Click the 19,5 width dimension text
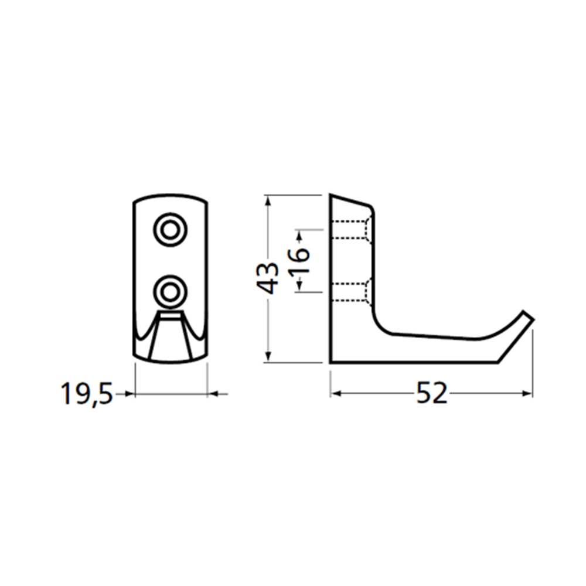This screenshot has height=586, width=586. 86,394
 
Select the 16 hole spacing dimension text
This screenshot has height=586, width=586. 299,261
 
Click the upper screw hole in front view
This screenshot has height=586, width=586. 171,230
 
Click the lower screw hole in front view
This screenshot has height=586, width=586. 171,289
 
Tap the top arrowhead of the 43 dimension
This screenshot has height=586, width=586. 268,199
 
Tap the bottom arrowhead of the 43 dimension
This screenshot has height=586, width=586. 268,357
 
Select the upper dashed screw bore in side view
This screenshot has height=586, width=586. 350,230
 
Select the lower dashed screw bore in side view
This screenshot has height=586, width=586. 350,291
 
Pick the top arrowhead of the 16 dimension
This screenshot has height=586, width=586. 299,236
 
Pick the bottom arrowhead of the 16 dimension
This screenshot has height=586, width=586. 299,285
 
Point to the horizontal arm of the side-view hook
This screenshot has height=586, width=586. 434,349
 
